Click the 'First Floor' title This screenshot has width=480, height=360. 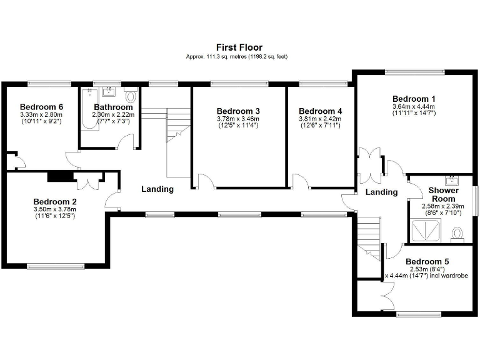pyautogui.click(x=239, y=47)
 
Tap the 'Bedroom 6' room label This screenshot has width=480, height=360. pyautogui.click(x=42, y=107)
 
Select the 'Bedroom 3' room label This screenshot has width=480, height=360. pyautogui.click(x=238, y=111)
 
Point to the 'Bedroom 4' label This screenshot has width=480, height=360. pyautogui.click(x=321, y=111)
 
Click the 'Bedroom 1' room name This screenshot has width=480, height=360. pyautogui.click(x=414, y=99)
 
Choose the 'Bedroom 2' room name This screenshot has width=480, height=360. pyautogui.click(x=55, y=201)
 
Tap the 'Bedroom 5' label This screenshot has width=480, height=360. pyautogui.click(x=427, y=261)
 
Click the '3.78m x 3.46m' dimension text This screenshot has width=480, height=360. pyautogui.click(x=238, y=119)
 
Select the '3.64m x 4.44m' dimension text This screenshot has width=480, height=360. pyautogui.click(x=414, y=106)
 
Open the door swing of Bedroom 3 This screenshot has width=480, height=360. pyautogui.click(x=204, y=181)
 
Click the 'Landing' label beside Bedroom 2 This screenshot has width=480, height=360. pyautogui.click(x=157, y=189)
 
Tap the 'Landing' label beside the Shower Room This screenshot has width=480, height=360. pyautogui.click(x=381, y=192)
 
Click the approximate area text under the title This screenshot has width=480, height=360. pyautogui.click(x=239, y=57)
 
